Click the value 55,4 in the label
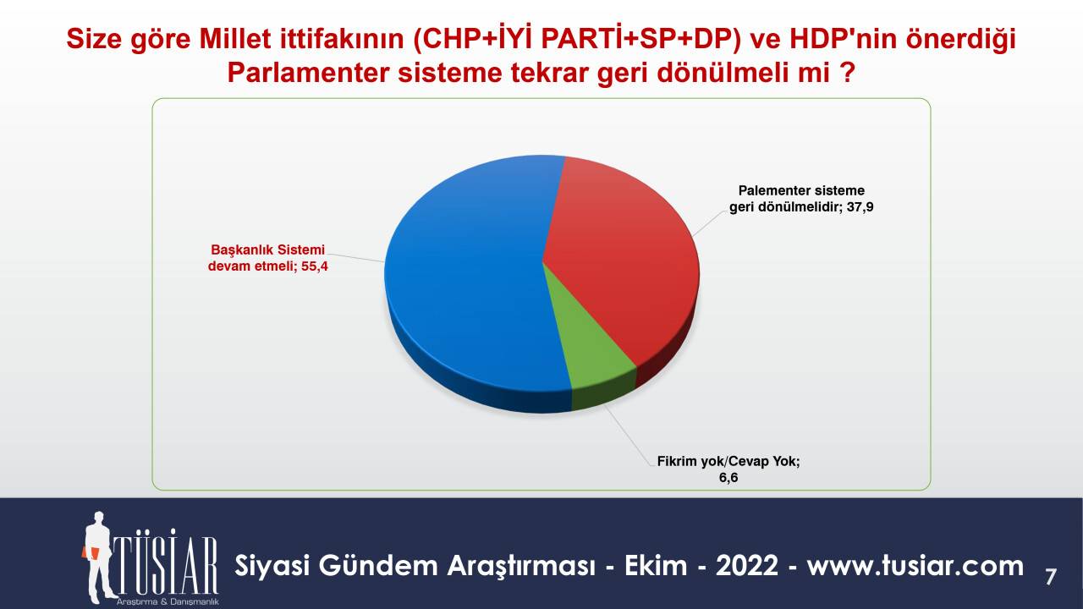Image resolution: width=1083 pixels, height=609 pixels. (x=315, y=266)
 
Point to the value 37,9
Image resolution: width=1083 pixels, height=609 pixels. (x=860, y=207)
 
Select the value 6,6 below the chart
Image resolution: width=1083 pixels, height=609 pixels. (x=728, y=478)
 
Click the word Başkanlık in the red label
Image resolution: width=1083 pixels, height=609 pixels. (x=237, y=250)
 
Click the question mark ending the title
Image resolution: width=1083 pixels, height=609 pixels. (x=848, y=74)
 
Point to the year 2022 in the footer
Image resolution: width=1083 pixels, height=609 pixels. (x=746, y=566)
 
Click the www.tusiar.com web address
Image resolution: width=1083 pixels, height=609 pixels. (x=915, y=566)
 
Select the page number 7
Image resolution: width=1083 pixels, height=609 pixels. (x=1050, y=577)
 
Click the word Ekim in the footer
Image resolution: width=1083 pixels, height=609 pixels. (x=656, y=566)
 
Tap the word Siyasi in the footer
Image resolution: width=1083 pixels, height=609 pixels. (x=272, y=567)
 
